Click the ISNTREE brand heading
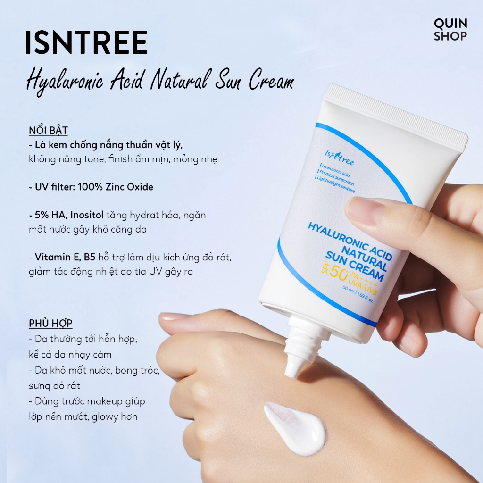[x=87, y=42]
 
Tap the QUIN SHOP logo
[x=450, y=30]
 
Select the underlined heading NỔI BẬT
[x=49, y=131]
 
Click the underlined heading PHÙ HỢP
[x=50, y=324]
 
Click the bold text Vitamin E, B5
[x=65, y=257]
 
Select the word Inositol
[x=87, y=215]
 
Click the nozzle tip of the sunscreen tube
[x=292, y=371]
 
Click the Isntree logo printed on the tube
[x=339, y=158]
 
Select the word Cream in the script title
[x=271, y=80]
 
